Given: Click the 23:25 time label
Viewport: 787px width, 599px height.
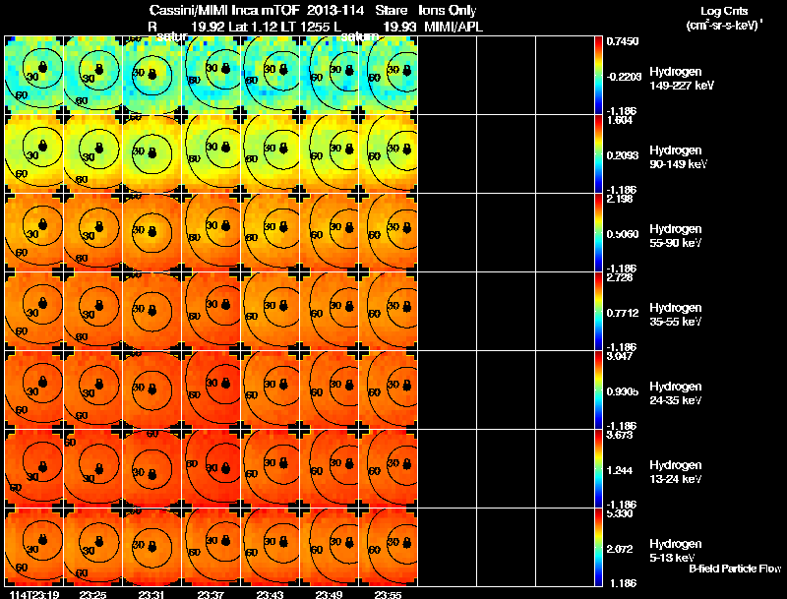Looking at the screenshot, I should [x=92, y=594].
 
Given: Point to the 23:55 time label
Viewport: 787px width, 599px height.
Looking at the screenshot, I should [x=388, y=594].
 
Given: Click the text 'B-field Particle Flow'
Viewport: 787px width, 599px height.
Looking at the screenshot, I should [x=734, y=569].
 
